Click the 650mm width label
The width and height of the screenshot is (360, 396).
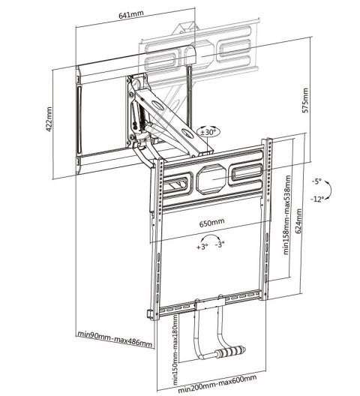(212, 223)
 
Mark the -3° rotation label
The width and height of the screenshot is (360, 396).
(220, 245)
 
